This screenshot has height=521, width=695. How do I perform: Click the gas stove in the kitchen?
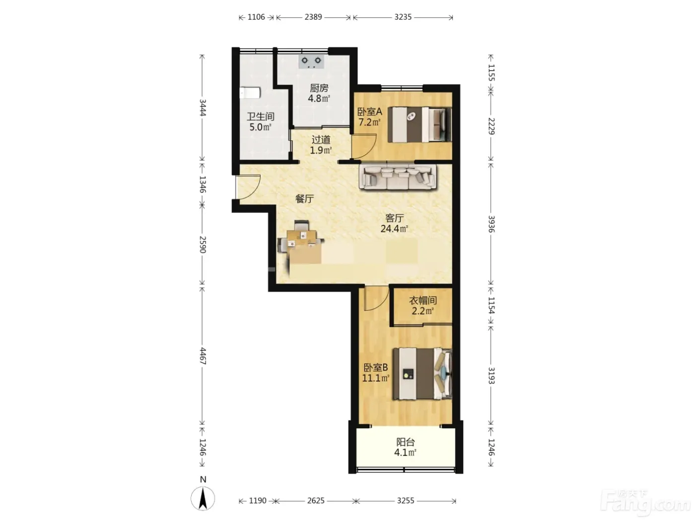pyautogui.click(x=312, y=62)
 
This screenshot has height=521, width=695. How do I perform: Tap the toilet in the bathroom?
pyautogui.click(x=250, y=93)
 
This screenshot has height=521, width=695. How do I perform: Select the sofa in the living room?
pyautogui.click(x=398, y=178)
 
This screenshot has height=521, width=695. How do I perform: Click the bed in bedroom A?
pyautogui.click(x=419, y=125)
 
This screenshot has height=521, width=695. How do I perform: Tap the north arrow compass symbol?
pyautogui.click(x=203, y=498)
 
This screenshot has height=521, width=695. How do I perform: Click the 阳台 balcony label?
pyautogui.click(x=405, y=442)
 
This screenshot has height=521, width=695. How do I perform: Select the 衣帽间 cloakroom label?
pyautogui.click(x=422, y=300)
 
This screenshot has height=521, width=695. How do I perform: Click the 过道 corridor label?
pyautogui.click(x=321, y=139)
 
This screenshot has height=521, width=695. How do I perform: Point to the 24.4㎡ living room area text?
pyautogui.click(x=394, y=228)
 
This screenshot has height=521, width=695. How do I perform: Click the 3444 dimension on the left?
pyautogui.click(x=203, y=108)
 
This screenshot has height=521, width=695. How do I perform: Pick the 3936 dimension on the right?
pyautogui.click(x=491, y=224)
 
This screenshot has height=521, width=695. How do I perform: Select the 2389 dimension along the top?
pyautogui.click(x=313, y=17)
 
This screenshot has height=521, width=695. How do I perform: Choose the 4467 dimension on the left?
pyautogui.click(x=203, y=356)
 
